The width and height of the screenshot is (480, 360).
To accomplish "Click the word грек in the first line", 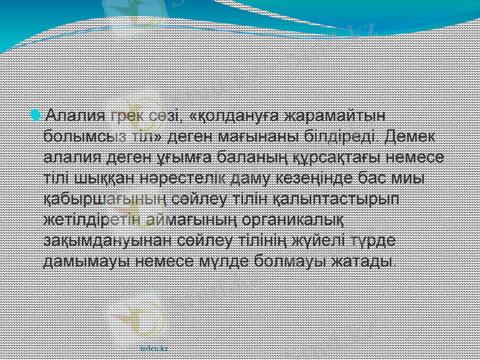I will coord(125,114).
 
